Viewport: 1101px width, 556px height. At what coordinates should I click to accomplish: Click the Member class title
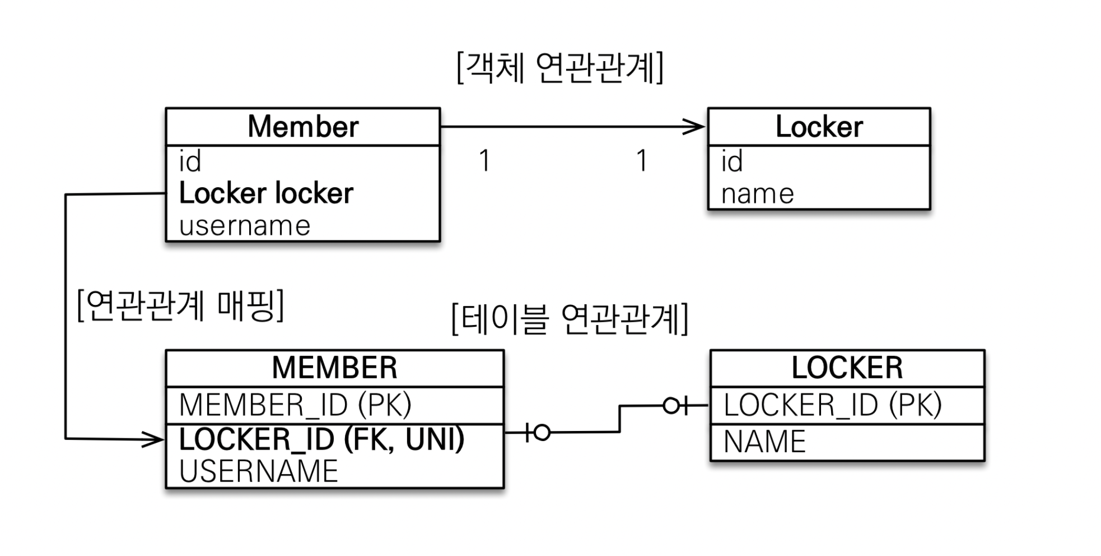[303, 127]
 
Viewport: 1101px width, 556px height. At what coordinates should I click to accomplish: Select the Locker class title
[819, 127]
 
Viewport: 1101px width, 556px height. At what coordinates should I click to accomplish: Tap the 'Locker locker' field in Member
[266, 193]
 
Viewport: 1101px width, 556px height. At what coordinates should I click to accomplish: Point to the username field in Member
[245, 226]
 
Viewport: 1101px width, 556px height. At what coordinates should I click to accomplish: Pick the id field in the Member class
[190, 161]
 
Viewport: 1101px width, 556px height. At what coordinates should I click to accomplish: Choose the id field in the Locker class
[732, 161]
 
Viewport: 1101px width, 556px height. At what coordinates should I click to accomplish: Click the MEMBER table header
[334, 368]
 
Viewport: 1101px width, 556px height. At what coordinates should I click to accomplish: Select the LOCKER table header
[847, 368]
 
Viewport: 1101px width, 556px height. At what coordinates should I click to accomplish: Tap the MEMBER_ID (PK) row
[295, 405]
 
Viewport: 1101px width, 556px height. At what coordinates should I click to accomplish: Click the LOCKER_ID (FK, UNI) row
[321, 439]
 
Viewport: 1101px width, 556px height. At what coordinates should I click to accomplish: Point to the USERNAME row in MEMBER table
[259, 471]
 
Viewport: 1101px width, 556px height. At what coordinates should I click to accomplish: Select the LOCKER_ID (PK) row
[832, 405]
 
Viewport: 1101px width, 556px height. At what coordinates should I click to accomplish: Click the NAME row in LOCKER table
[764, 442]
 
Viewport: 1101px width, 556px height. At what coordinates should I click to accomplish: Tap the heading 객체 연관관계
[560, 68]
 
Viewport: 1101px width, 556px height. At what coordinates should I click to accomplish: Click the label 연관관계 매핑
[180, 305]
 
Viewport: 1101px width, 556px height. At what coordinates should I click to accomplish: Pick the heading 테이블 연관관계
[570, 319]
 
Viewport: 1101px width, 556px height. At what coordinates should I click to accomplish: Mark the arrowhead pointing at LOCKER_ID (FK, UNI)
[152, 439]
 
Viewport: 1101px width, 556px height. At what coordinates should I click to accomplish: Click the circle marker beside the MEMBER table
[542, 432]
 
